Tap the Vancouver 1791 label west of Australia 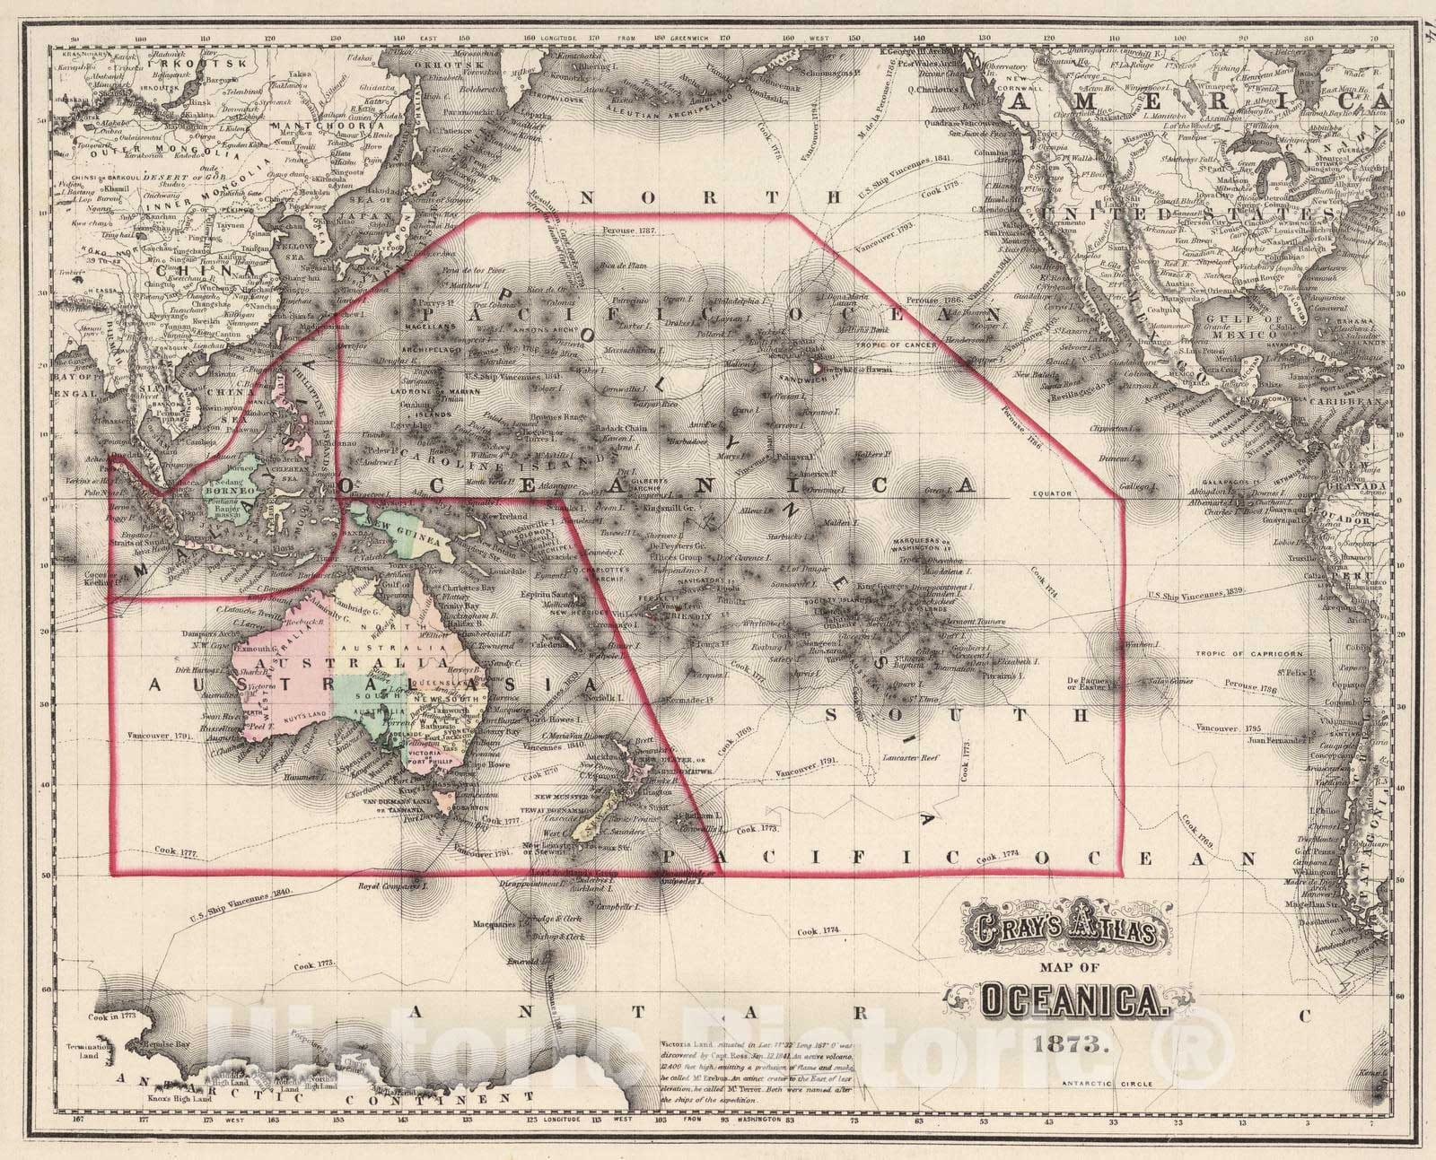[x=162, y=735]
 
